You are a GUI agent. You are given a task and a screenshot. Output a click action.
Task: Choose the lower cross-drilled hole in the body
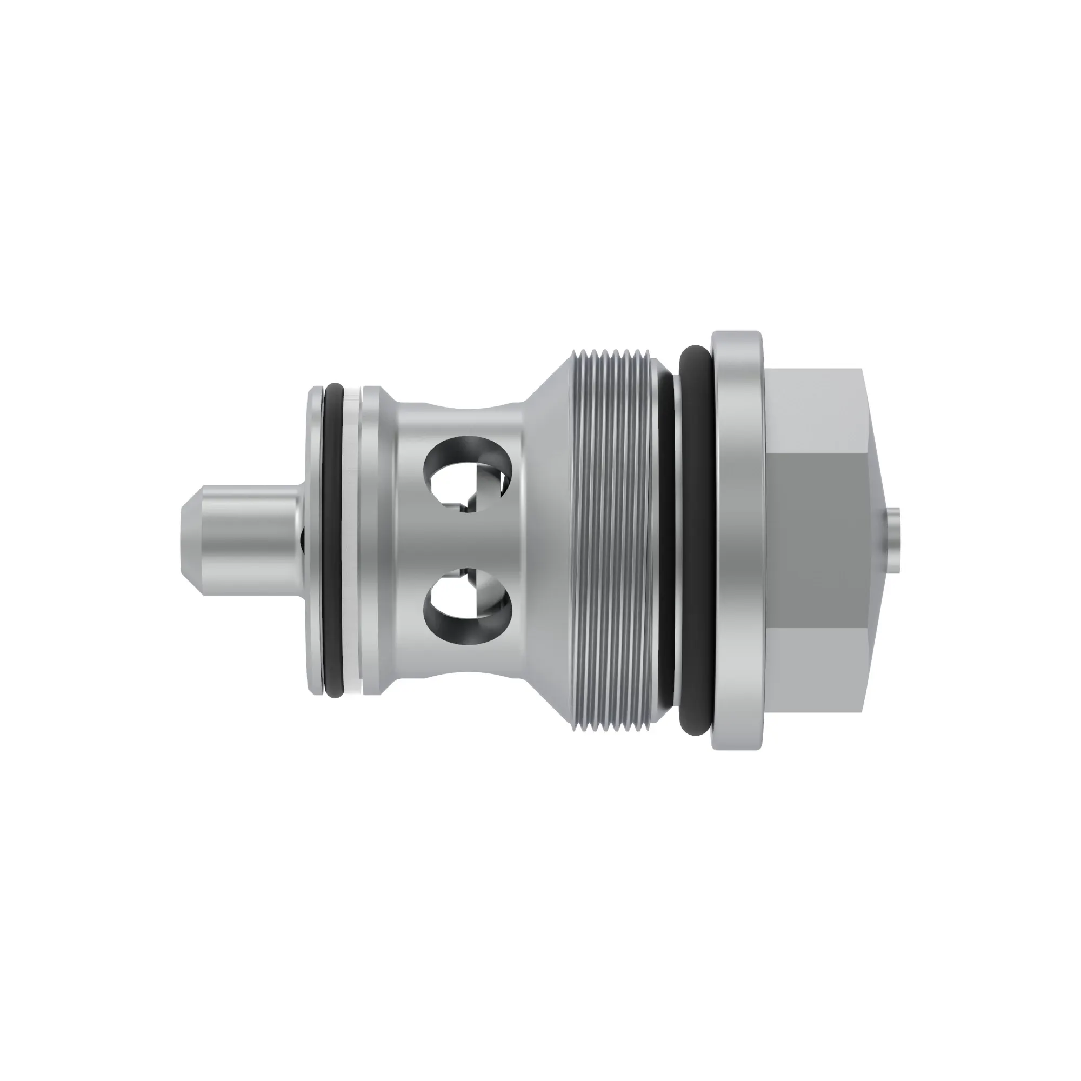[x=469, y=604]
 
